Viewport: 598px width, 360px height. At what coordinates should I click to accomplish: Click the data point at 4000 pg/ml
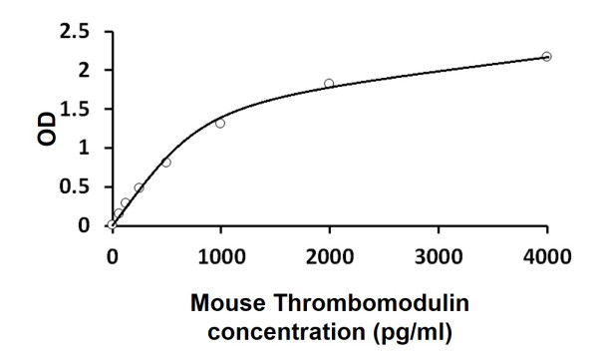[x=546, y=56]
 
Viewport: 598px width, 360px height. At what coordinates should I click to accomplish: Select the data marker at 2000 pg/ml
[x=329, y=84]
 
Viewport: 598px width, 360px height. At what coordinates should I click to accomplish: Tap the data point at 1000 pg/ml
[x=220, y=123]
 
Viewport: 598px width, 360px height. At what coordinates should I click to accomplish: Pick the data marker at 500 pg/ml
[x=166, y=162]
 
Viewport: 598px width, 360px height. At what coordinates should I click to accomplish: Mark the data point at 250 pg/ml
[x=140, y=187]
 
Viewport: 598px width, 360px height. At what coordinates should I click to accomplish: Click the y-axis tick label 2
[x=91, y=71]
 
